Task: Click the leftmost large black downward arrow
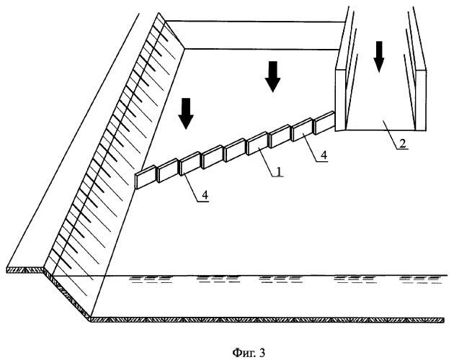pos(186,113)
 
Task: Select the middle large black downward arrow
pos(272,76)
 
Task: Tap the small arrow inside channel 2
pos(378,57)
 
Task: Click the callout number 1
pos(278,172)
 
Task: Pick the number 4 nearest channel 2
pos(324,156)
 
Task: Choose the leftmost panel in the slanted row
pos(146,177)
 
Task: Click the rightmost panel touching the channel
pos(324,122)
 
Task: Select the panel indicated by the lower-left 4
pos(190,163)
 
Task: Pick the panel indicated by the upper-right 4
pos(303,130)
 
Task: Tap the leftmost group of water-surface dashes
pos(150,279)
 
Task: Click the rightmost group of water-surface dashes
pos(420,279)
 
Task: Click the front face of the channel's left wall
pos(340,101)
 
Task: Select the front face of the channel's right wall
pos(421,99)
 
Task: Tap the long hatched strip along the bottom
pos(267,320)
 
